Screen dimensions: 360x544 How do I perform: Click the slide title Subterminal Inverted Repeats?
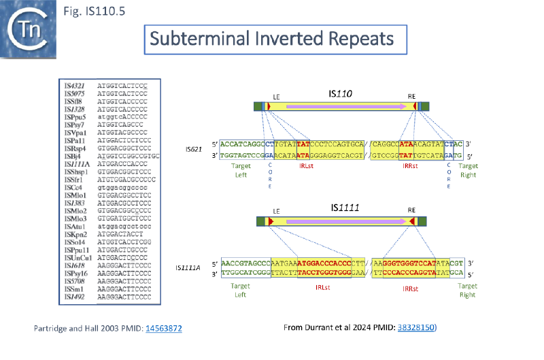(275, 39)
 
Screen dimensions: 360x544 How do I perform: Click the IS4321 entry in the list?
(73, 86)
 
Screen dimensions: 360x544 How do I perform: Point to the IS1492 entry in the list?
(73, 297)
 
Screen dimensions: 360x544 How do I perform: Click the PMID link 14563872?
(164, 329)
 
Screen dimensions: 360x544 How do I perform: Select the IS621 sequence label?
(194, 148)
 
